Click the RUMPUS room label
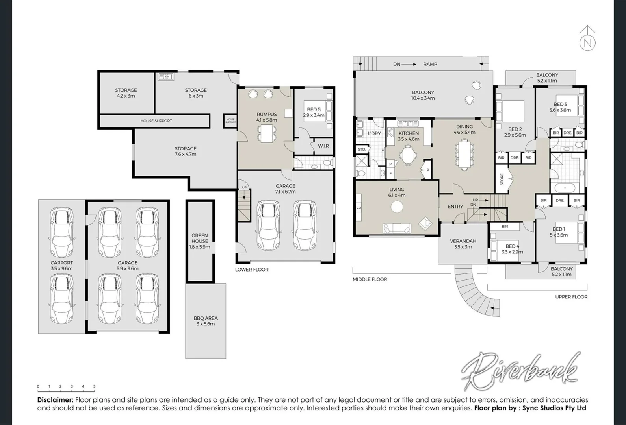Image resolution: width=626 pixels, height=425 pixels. [267, 114]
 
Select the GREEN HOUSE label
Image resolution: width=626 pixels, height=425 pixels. [200, 238]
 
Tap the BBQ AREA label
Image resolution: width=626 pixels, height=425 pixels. [206, 318]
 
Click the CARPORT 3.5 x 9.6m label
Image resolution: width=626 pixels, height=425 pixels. [62, 266]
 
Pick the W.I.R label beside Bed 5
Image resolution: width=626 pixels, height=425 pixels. [323, 146]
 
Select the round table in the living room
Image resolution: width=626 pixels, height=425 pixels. [397, 207]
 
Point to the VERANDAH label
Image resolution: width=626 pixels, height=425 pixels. [463, 241]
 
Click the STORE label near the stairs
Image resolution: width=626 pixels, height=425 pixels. [502, 179]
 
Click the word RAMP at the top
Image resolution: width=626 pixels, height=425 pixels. [430, 64]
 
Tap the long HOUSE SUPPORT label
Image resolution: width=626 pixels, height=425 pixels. [156, 121]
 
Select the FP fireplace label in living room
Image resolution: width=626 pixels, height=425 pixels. [359, 208]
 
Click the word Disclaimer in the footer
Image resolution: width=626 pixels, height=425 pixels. [55, 400]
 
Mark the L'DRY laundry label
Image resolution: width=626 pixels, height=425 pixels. [374, 133]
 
